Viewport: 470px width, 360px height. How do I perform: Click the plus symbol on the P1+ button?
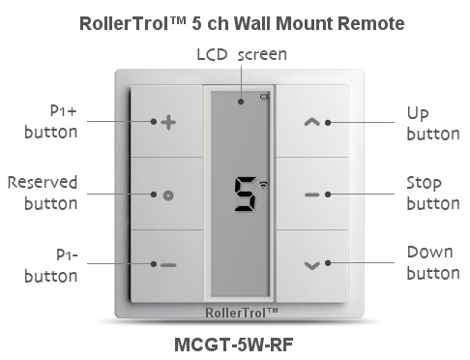coord(167,123)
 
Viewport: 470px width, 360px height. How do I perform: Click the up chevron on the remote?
coord(310,123)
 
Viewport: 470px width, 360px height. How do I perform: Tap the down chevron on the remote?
coord(310,264)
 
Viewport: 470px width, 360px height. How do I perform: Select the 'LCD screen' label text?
coord(242,52)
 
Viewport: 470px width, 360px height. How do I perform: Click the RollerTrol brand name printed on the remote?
coord(242,312)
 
